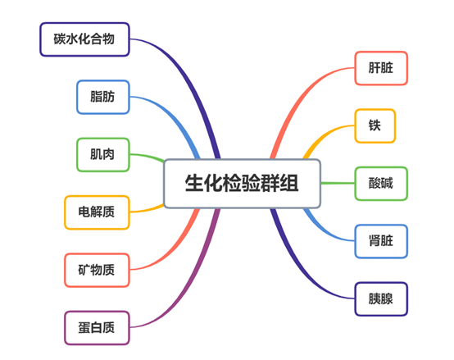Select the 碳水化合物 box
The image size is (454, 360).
(x=85, y=39)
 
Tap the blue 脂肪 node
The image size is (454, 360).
(x=102, y=97)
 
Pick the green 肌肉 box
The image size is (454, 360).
(x=102, y=154)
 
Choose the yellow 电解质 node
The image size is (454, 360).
(x=97, y=212)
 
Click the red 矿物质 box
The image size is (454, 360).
(x=97, y=270)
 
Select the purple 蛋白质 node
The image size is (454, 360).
(x=97, y=327)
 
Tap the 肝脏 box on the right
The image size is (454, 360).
(x=381, y=68)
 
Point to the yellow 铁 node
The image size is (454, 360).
(x=375, y=125)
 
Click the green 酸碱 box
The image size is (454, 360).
(x=381, y=183)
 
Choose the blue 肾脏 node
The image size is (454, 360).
(x=381, y=241)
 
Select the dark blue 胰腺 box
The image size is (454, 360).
(x=381, y=298)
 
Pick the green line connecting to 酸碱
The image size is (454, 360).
(x=336, y=183)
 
